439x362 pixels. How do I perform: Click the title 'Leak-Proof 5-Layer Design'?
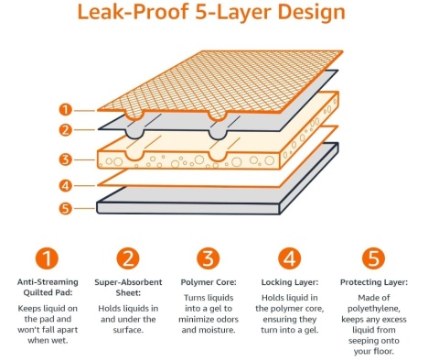tap(211, 12)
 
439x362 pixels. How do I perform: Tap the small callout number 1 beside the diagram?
tap(65, 110)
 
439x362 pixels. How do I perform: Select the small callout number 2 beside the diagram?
tap(65, 130)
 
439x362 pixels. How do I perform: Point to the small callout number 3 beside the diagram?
tap(65, 159)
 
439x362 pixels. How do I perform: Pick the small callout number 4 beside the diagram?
tap(65, 185)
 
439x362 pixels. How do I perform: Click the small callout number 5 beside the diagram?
tap(65, 209)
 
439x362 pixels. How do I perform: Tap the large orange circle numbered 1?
tap(47, 258)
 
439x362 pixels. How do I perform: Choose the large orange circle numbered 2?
tap(128, 258)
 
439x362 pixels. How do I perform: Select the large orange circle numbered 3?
tap(209, 258)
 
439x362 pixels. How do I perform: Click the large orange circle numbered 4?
tap(290, 258)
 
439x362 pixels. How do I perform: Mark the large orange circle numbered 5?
tap(373, 258)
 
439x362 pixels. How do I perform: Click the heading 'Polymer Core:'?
tap(209, 282)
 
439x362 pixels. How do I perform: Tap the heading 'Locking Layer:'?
tap(290, 282)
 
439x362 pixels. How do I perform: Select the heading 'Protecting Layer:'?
tap(374, 282)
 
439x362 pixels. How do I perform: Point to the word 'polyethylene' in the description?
tap(374, 309)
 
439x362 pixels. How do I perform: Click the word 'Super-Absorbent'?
tap(128, 282)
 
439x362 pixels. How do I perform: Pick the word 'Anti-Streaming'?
tap(48, 282)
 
